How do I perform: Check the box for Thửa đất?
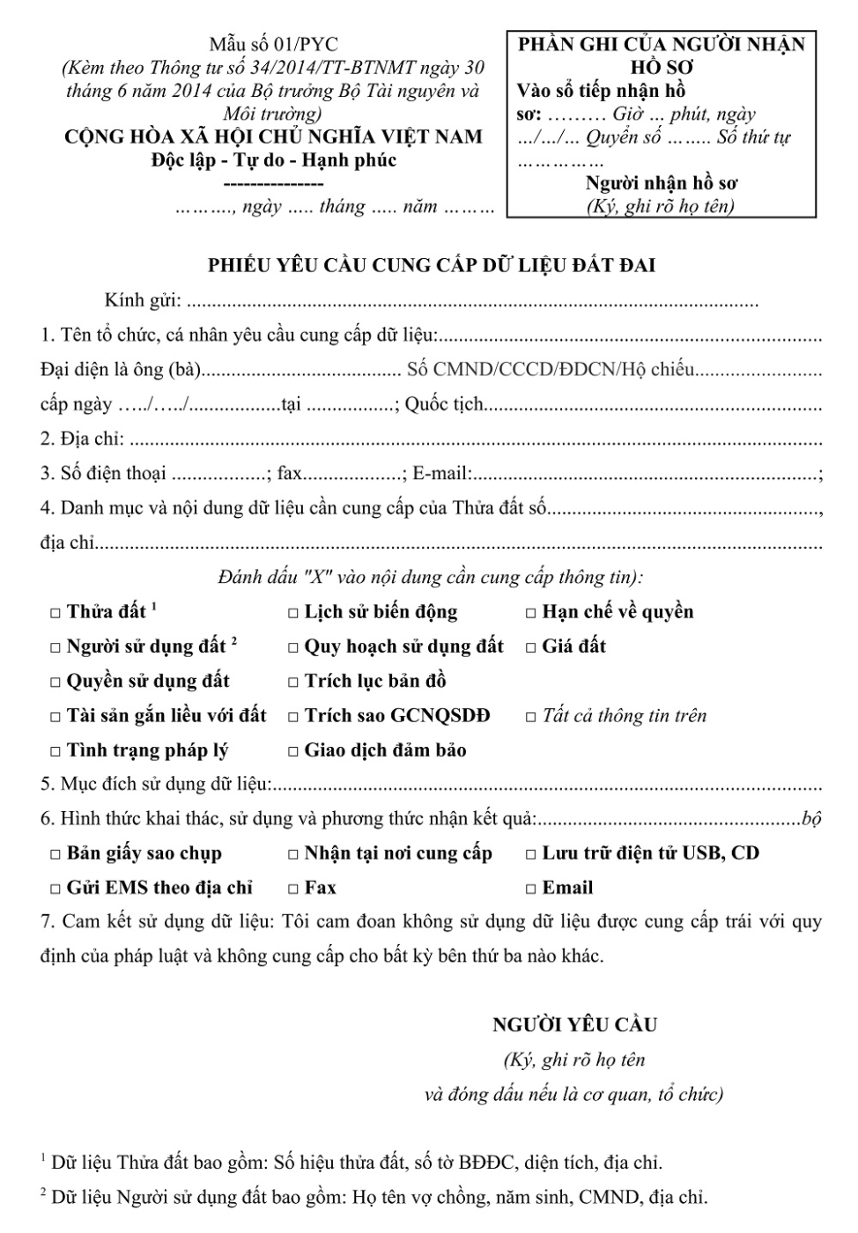[x=55, y=613]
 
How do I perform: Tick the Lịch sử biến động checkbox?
[x=293, y=613]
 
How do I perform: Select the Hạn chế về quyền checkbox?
[x=531, y=613]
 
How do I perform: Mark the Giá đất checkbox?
[x=531, y=647]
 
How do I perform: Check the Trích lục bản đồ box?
[x=293, y=683]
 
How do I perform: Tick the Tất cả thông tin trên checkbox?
[x=531, y=717]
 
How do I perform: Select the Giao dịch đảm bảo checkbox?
[x=293, y=751]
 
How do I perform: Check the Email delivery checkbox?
[x=531, y=889]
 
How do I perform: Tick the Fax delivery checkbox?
[x=293, y=889]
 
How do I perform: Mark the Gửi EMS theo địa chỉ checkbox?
[x=55, y=889]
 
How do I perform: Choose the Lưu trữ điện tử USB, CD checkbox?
[x=531, y=854]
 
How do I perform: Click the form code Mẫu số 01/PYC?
[x=273, y=45]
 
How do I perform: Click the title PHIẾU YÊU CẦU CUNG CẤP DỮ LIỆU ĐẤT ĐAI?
[x=431, y=265]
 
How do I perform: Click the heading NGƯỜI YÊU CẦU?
[x=574, y=1025]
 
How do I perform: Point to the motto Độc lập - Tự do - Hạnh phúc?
[x=273, y=160]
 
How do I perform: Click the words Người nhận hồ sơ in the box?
[x=662, y=183]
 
